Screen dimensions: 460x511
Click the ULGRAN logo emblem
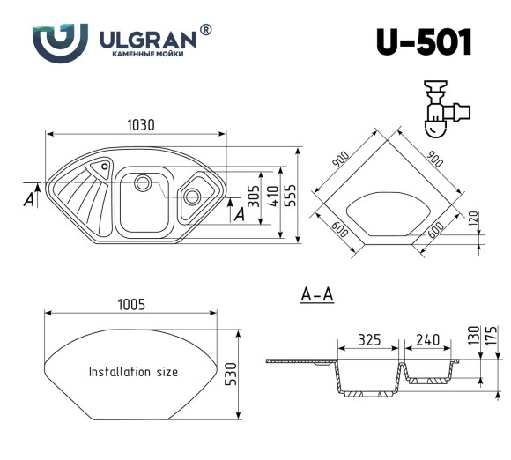[x=60, y=41]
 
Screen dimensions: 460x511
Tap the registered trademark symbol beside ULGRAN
[x=205, y=30]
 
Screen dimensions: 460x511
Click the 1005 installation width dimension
[x=130, y=304]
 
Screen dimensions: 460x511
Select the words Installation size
[x=133, y=372]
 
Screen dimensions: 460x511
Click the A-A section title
[x=316, y=295]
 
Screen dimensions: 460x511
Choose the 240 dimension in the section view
[x=426, y=339]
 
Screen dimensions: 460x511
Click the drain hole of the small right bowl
[x=191, y=196]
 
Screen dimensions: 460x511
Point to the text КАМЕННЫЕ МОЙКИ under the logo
[x=145, y=55]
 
